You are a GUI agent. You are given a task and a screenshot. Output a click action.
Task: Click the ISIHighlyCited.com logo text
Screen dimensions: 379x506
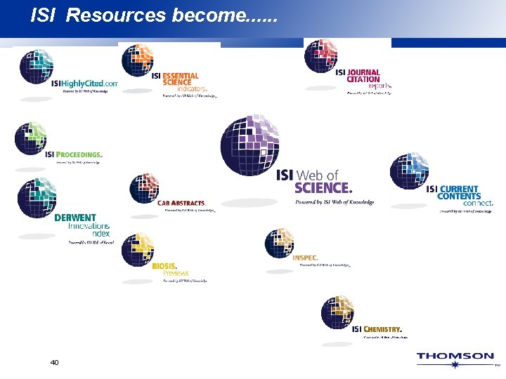point(84,83)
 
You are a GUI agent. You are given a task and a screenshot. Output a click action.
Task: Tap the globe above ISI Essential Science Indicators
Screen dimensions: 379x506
point(138,60)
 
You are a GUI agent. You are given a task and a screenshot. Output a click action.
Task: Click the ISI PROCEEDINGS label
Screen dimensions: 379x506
point(73,154)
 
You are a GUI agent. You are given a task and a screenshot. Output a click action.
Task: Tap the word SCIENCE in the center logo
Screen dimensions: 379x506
point(323,187)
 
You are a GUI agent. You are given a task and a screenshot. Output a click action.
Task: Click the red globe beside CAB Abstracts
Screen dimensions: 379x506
point(145,188)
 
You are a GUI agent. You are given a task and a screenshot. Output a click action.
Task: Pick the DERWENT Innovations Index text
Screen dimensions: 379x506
point(82,225)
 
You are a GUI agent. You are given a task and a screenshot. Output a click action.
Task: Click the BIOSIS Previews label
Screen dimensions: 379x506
point(170,270)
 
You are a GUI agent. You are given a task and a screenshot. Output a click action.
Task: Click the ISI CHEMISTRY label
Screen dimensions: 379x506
point(377,329)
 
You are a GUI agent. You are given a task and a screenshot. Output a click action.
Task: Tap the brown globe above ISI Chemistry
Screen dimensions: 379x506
point(338,312)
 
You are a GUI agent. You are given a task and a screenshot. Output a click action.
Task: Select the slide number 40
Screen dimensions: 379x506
point(55,362)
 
